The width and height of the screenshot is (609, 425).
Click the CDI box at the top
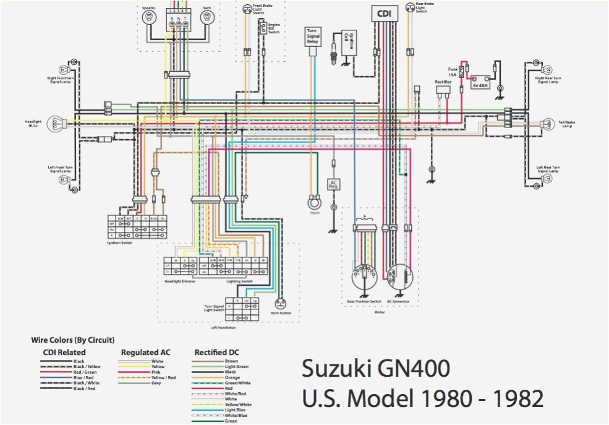click(x=383, y=12)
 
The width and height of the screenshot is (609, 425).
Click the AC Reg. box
click(x=333, y=184)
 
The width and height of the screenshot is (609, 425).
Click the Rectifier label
click(x=443, y=81)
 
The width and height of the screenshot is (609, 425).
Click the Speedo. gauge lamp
click(x=148, y=19)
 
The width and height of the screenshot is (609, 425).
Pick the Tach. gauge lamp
click(x=207, y=19)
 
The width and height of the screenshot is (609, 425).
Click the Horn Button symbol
click(x=281, y=304)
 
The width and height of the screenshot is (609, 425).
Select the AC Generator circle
click(x=397, y=277)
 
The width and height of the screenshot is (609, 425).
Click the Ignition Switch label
click(x=121, y=243)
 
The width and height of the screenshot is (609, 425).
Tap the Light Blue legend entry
click(x=234, y=409)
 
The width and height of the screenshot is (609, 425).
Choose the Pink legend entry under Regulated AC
click(x=158, y=372)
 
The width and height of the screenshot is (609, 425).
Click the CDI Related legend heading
click(x=64, y=353)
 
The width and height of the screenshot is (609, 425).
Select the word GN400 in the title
click(x=411, y=369)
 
